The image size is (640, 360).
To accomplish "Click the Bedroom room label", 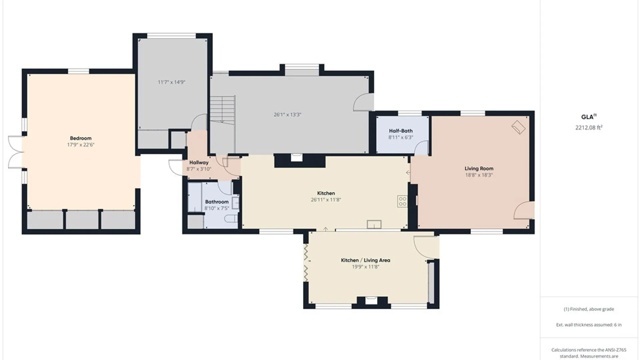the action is (x=81, y=138).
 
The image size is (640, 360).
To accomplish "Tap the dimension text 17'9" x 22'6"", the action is (x=81, y=145).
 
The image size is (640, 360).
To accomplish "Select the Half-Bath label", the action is (x=401, y=131).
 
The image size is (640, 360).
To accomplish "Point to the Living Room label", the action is (x=479, y=168).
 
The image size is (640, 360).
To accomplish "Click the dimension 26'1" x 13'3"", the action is (x=287, y=115).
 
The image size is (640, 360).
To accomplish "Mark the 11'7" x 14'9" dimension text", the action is (x=171, y=82).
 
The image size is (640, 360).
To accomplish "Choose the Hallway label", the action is (x=199, y=163).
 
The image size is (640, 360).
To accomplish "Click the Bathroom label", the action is (x=217, y=202).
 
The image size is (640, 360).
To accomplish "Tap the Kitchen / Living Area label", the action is (x=365, y=260).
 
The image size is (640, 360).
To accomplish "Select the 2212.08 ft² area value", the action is (x=589, y=127).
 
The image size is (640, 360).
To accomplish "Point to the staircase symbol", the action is (x=223, y=110).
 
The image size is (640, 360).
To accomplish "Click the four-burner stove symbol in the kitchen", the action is (x=402, y=201).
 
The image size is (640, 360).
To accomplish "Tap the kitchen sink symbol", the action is (x=374, y=224).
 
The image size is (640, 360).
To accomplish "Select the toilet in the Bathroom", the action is (x=231, y=219).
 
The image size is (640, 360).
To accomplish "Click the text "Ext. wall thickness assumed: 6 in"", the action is (x=589, y=325).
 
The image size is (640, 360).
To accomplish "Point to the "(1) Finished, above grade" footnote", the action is (x=589, y=309).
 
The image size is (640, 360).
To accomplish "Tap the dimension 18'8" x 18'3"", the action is (x=479, y=175).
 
